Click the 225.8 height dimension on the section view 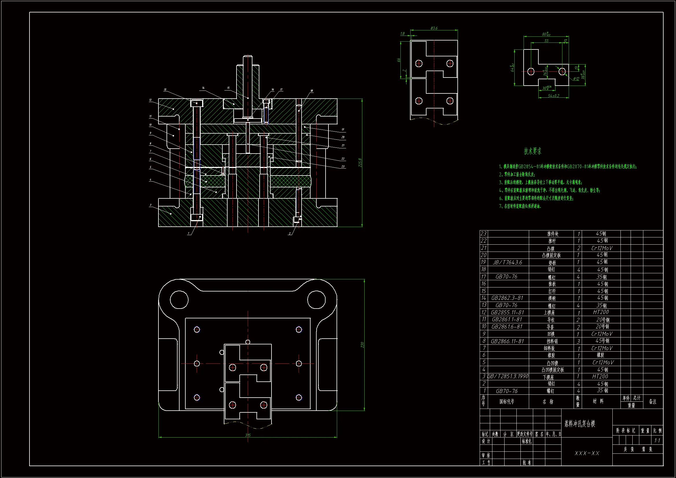(x=360, y=163)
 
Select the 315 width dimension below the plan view (x=248, y=435)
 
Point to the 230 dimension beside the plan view (x=362, y=345)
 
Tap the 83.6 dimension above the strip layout (x=434, y=28)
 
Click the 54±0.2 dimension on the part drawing (x=553, y=96)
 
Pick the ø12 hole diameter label (x=576, y=79)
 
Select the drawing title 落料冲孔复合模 (x=580, y=424)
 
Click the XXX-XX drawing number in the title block (x=587, y=453)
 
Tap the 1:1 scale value (x=657, y=441)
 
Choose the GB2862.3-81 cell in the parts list (x=507, y=298)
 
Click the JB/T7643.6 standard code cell (x=507, y=262)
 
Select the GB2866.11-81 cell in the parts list (x=507, y=341)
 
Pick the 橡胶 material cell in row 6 (x=601, y=355)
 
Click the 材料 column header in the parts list (x=598, y=401)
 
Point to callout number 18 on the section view (x=311, y=91)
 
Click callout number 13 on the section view (x=165, y=90)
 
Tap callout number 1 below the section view (x=189, y=234)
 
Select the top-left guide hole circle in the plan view (x=179, y=300)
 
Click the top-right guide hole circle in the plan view (x=317, y=300)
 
